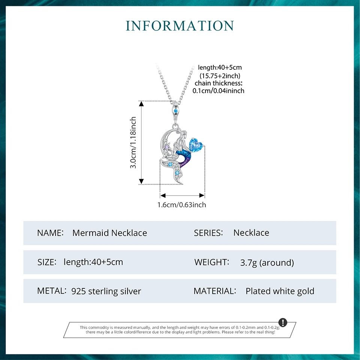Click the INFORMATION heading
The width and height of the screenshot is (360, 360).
[180, 25]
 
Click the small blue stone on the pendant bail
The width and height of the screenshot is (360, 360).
[175, 111]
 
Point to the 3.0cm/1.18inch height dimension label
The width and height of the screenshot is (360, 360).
[133, 142]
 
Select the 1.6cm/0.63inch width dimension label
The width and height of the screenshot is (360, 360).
[182, 205]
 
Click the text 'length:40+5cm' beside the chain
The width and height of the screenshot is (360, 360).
[220, 67]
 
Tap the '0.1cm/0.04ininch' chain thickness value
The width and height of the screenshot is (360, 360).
[219, 90]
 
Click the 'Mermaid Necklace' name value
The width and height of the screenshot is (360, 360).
[109, 233]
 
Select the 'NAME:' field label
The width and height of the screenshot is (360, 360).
[50, 233]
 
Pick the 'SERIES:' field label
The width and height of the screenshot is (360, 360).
[208, 233]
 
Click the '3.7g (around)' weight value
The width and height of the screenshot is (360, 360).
[267, 262]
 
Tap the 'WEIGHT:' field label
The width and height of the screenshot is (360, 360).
[211, 262]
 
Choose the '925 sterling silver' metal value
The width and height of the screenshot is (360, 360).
[106, 291]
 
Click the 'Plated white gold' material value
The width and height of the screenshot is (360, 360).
[280, 291]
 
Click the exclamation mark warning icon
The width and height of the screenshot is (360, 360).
[283, 322]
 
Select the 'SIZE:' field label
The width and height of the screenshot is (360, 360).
[47, 262]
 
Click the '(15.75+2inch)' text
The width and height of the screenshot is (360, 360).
[220, 75]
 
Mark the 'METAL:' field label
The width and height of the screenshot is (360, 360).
[52, 291]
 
